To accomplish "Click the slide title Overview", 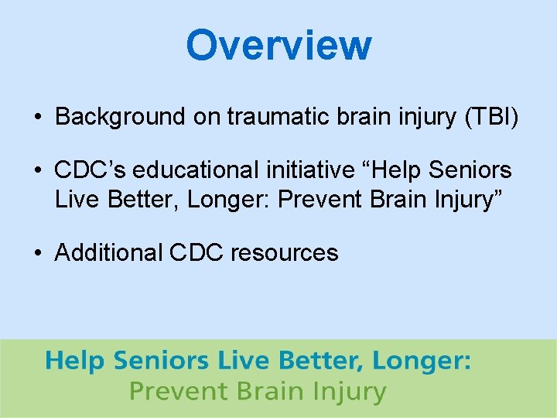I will pyautogui.click(x=278, y=45).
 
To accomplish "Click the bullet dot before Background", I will pyautogui.click(x=37, y=118).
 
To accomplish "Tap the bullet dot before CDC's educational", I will pyautogui.click(x=37, y=170).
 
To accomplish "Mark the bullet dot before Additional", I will pyautogui.click(x=37, y=254).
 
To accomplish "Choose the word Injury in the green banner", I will pyautogui.click(x=346, y=392).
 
